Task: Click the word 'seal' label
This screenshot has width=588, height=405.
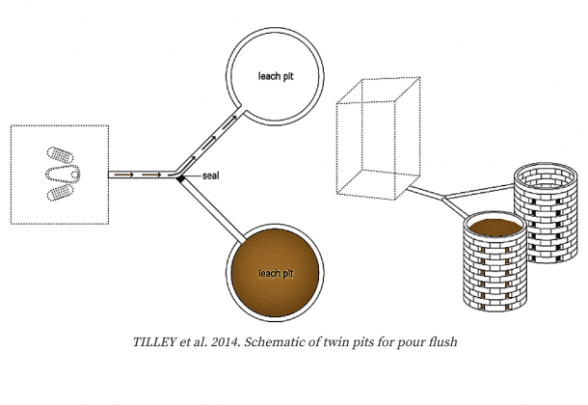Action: click(x=210, y=175)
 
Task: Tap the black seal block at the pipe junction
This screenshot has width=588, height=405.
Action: click(x=181, y=179)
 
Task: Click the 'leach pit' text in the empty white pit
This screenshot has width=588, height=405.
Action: click(x=276, y=76)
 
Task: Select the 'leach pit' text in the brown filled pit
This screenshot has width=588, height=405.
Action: click(x=276, y=274)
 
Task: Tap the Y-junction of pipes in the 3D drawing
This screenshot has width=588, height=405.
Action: click(x=444, y=197)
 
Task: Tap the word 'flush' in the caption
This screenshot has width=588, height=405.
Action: click(x=444, y=341)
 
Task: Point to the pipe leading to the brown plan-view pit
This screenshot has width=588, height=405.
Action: click(x=213, y=210)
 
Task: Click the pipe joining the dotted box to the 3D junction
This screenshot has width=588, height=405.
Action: click(x=425, y=191)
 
